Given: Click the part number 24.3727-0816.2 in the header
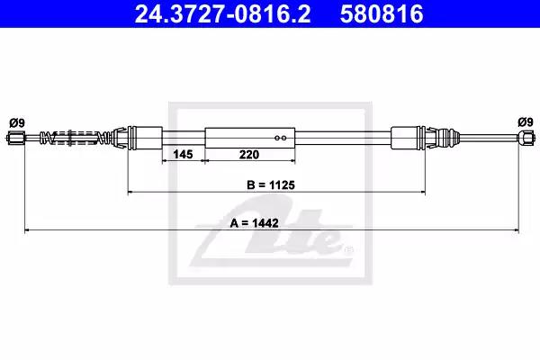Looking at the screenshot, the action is click(x=222, y=13).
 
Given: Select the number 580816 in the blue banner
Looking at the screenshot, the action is click(x=382, y=13).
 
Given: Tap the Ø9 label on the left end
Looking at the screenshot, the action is click(x=17, y=122).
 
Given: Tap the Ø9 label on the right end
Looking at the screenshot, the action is click(x=526, y=122).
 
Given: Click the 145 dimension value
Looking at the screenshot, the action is click(x=183, y=154).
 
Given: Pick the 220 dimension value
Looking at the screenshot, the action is click(x=249, y=154).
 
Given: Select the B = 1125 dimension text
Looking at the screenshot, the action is click(x=271, y=185).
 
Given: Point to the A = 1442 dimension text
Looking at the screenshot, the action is click(x=254, y=223).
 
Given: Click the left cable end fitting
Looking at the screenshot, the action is click(x=15, y=138).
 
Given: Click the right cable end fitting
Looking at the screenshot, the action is click(x=526, y=138).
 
